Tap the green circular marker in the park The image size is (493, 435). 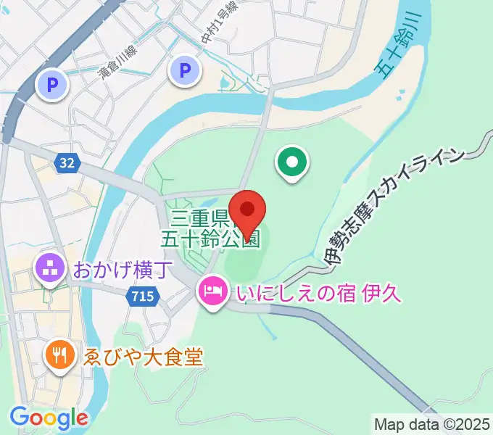tap(293, 163)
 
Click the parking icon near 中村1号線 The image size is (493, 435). tap(184, 70)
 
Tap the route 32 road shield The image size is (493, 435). tap(66, 163)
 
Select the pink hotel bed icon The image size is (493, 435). tap(212, 294)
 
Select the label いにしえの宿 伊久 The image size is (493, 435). tap(317, 294)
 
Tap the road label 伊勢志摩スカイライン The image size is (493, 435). tap(392, 207)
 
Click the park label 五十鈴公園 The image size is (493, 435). tap(210, 239)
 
